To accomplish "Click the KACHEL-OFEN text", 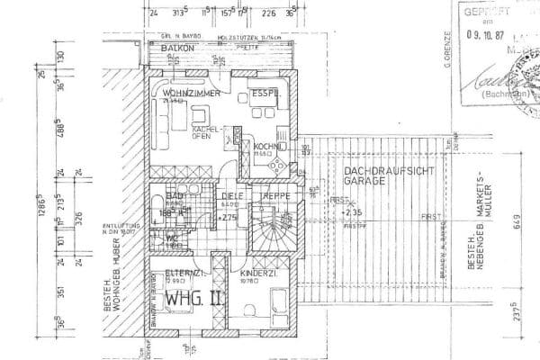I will [x=208, y=133].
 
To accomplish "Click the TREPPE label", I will [x=273, y=195].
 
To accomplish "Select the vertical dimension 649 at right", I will [x=518, y=216].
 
